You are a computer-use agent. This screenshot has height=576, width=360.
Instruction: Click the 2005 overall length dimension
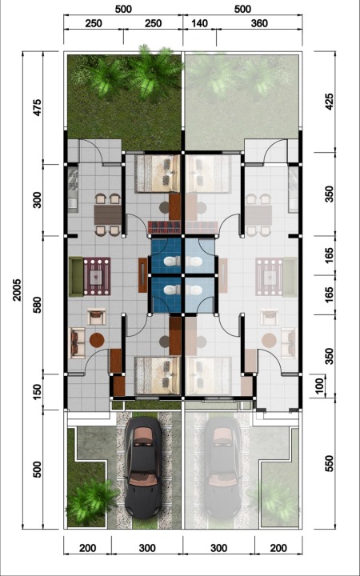point(17,290)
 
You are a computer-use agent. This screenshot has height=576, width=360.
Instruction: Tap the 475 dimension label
point(38,107)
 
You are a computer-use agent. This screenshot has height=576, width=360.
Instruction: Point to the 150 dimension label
point(38,392)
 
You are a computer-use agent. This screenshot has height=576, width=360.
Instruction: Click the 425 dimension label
point(329,102)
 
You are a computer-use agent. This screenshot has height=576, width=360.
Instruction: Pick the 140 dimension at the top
point(199,23)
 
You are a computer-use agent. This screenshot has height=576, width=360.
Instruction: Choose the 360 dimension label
point(259,23)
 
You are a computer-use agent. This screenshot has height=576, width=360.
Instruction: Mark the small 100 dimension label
point(319,386)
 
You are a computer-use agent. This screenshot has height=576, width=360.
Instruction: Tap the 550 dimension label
point(329,463)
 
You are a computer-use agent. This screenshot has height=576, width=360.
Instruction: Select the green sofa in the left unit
point(76,277)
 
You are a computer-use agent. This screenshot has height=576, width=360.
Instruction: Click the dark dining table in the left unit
point(108,215)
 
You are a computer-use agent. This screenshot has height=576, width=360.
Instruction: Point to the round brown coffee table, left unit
point(97,340)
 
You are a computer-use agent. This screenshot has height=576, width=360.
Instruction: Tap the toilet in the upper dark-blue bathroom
point(172,262)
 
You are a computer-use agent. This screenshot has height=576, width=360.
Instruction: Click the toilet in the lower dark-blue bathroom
point(172,290)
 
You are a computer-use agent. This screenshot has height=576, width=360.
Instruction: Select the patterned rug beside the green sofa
point(97,276)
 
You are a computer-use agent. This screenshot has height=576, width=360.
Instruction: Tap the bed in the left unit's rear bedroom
point(158,174)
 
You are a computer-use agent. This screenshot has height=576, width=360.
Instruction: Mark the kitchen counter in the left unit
point(73,190)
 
